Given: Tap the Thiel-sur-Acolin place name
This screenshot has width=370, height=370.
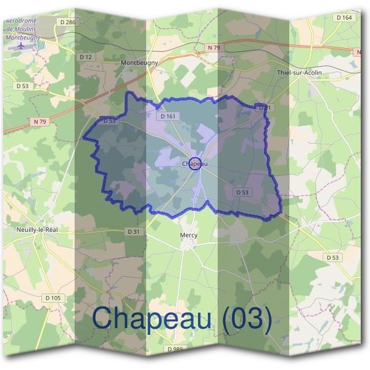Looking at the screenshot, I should tap(300, 73).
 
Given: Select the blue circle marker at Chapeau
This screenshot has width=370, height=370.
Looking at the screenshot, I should tap(194, 163).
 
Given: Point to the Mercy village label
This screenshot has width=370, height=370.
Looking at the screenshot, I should tap(188, 235).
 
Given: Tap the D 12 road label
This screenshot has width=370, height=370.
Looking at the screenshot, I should tap(86, 57).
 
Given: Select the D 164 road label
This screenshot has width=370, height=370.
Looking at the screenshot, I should tap(344, 17).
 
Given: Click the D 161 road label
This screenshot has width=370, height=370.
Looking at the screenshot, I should tap(168, 116).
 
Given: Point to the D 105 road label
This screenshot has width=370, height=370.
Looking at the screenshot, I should tap(52, 298).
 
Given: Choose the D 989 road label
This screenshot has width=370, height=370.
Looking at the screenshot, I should tap(175, 349).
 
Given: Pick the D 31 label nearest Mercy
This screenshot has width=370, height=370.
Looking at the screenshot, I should tap(134, 231).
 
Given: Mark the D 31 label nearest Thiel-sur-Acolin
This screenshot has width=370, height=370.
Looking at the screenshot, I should tap(264, 108).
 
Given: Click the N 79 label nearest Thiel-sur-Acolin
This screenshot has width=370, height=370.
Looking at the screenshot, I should tap(214, 47).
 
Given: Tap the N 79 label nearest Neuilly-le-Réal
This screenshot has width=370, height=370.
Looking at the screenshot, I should tap(39, 121).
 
